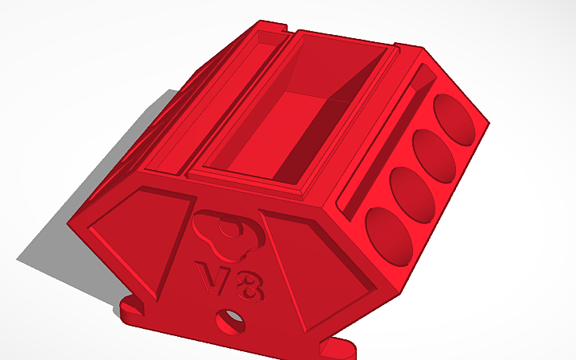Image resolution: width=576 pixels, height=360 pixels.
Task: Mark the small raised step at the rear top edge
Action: click(270, 36)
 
